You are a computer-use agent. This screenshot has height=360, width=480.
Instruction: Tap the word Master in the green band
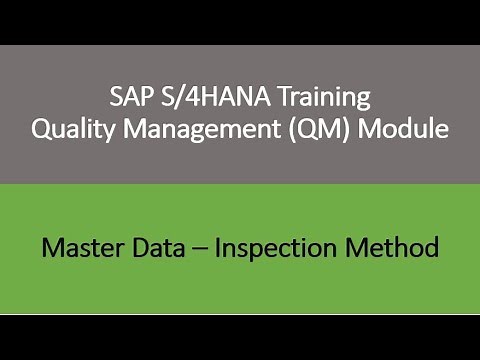click(x=81, y=246)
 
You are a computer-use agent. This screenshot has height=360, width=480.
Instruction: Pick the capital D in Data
click(x=141, y=246)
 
